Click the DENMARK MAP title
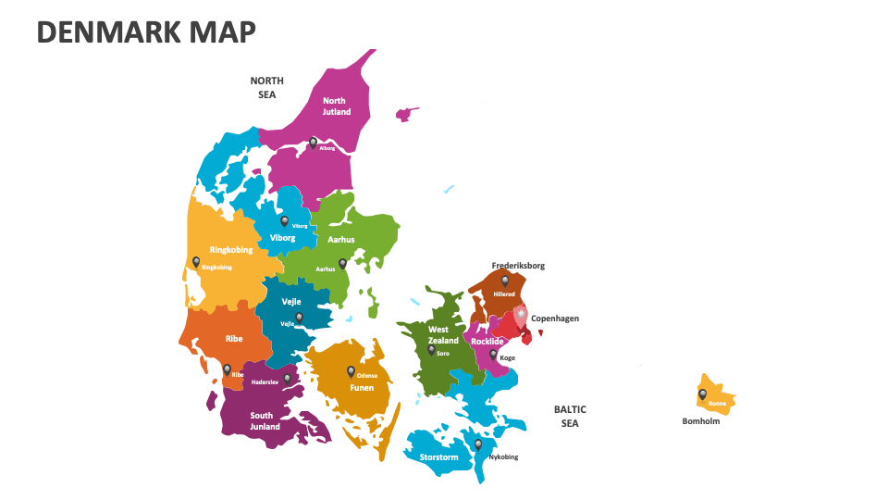point(146,31)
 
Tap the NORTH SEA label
point(266,87)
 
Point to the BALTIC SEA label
point(570,416)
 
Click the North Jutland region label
point(336,106)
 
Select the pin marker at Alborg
point(314,143)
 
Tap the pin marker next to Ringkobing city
point(196,262)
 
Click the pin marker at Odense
point(351,371)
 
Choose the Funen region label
point(362,388)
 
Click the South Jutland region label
point(262,421)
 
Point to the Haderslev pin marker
point(288,378)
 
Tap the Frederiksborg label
point(518,266)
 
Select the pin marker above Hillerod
point(504,281)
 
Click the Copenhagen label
point(555,319)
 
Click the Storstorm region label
point(438,457)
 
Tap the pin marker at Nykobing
point(478,444)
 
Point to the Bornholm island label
point(701,421)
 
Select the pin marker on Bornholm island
point(702,394)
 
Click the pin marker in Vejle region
point(299,318)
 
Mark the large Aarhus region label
point(341,240)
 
